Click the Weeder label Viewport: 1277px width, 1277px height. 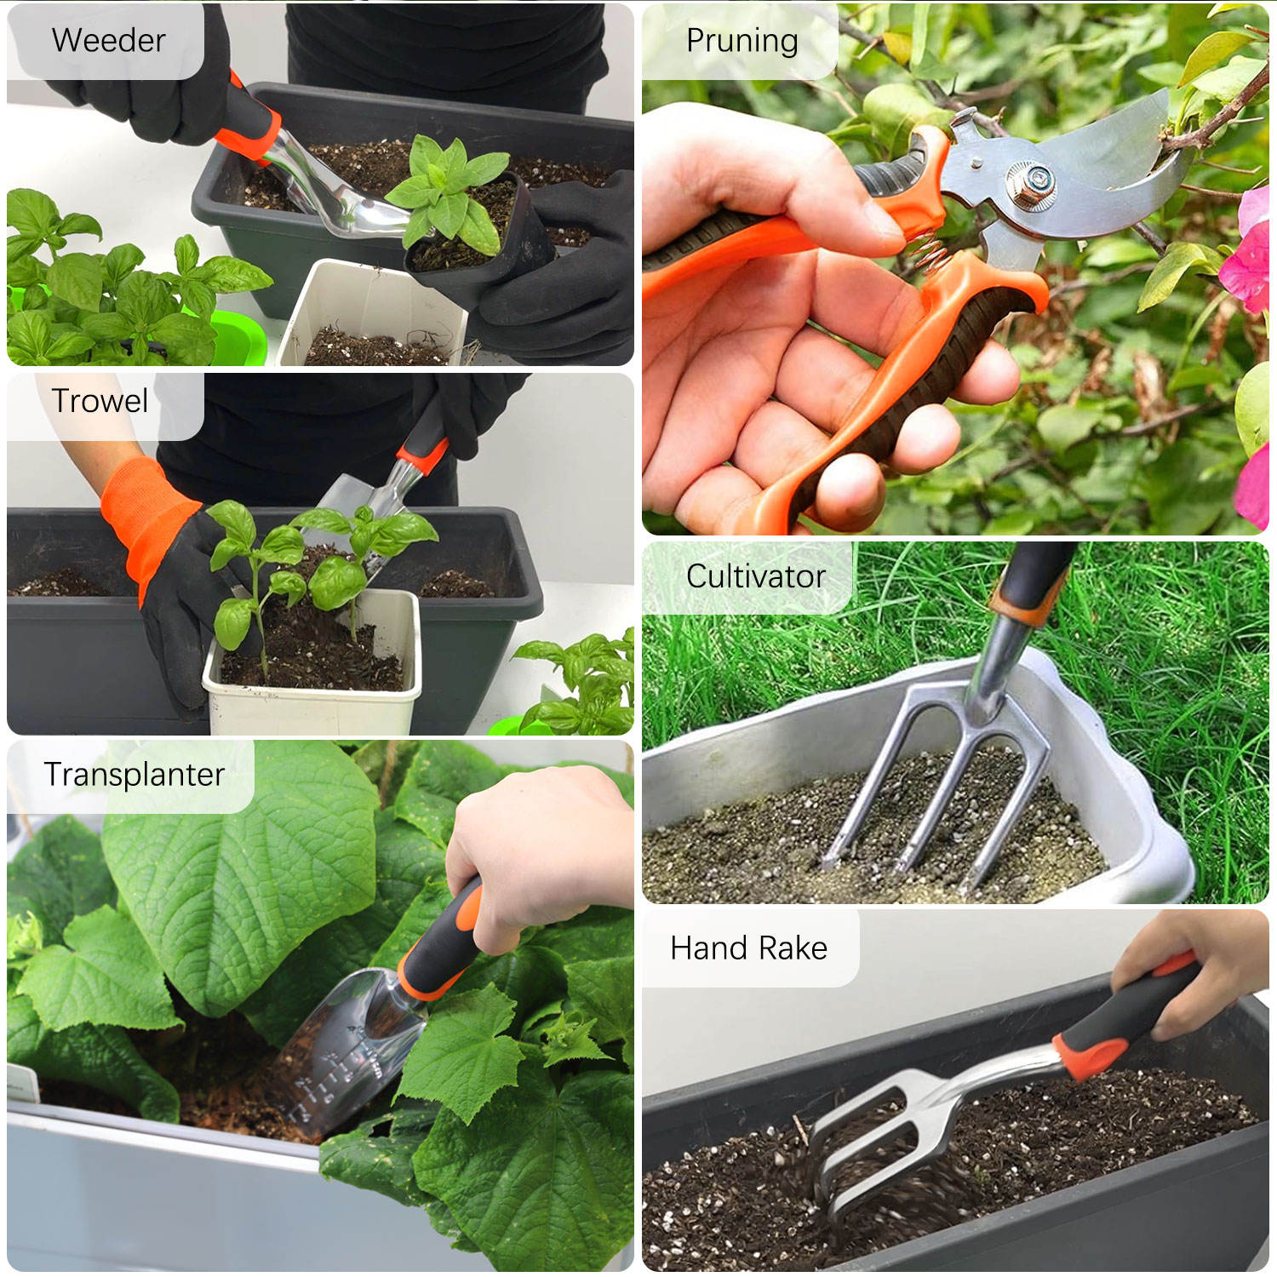(108, 40)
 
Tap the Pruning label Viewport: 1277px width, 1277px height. (742, 41)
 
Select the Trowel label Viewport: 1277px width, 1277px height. (100, 401)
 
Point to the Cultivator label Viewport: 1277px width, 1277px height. (755, 576)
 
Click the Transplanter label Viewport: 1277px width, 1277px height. (134, 775)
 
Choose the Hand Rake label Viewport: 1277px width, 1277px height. (748, 948)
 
